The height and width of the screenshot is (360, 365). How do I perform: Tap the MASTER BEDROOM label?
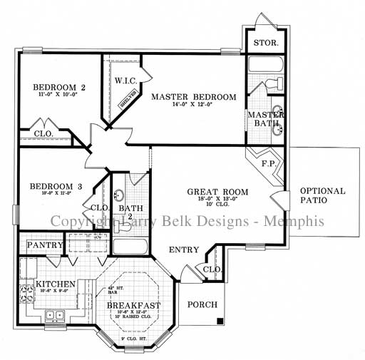[193, 97]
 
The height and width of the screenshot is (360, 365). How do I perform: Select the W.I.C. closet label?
[125, 81]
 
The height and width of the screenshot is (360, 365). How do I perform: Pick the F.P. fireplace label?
[269, 163]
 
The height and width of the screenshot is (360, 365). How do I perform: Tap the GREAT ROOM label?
[217, 192]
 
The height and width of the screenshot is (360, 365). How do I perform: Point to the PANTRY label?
[41, 245]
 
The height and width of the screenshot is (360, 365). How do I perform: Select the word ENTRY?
[184, 250]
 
